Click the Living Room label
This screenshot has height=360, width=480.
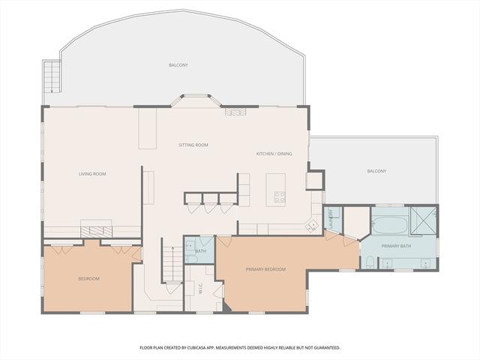(x=92, y=174)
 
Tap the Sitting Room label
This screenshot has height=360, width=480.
(x=193, y=145)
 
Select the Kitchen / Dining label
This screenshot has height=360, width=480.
(x=274, y=154)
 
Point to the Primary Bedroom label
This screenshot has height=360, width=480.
(x=265, y=269)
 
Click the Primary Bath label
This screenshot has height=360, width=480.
(x=396, y=246)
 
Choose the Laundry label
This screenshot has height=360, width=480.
(x=331, y=218)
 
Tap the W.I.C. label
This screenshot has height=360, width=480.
(x=201, y=290)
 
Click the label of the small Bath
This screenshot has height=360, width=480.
(x=201, y=251)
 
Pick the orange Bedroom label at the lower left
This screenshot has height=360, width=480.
(x=88, y=279)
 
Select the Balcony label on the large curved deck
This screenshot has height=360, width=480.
(x=178, y=65)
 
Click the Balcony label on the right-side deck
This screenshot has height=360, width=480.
(x=376, y=171)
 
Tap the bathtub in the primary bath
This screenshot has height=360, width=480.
(x=390, y=225)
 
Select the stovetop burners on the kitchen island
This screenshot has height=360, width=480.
(x=280, y=197)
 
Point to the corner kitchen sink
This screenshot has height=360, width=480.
(x=312, y=226)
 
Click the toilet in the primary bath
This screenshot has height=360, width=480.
(x=370, y=262)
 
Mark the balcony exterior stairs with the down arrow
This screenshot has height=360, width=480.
(x=52, y=76)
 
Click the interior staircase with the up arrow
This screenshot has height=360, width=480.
(x=172, y=259)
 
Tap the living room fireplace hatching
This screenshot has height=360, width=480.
(x=97, y=232)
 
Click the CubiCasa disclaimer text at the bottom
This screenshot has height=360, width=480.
(x=240, y=348)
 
